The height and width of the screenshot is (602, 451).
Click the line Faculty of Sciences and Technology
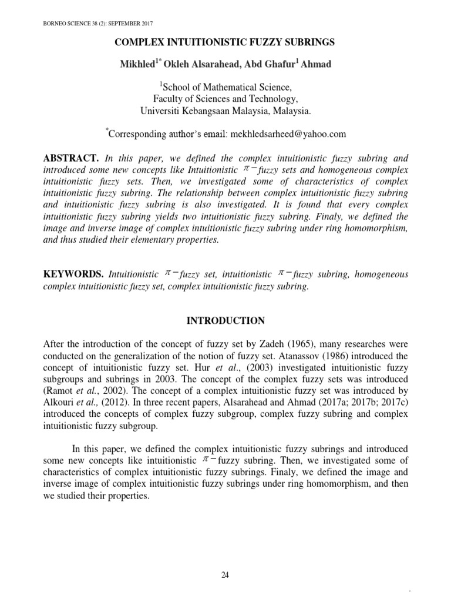pos(225,99)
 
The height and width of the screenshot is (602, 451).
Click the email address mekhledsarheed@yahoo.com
pos(288,134)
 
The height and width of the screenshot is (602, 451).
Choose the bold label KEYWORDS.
pos(74,274)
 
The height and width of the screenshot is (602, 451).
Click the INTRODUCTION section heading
pos(225,320)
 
